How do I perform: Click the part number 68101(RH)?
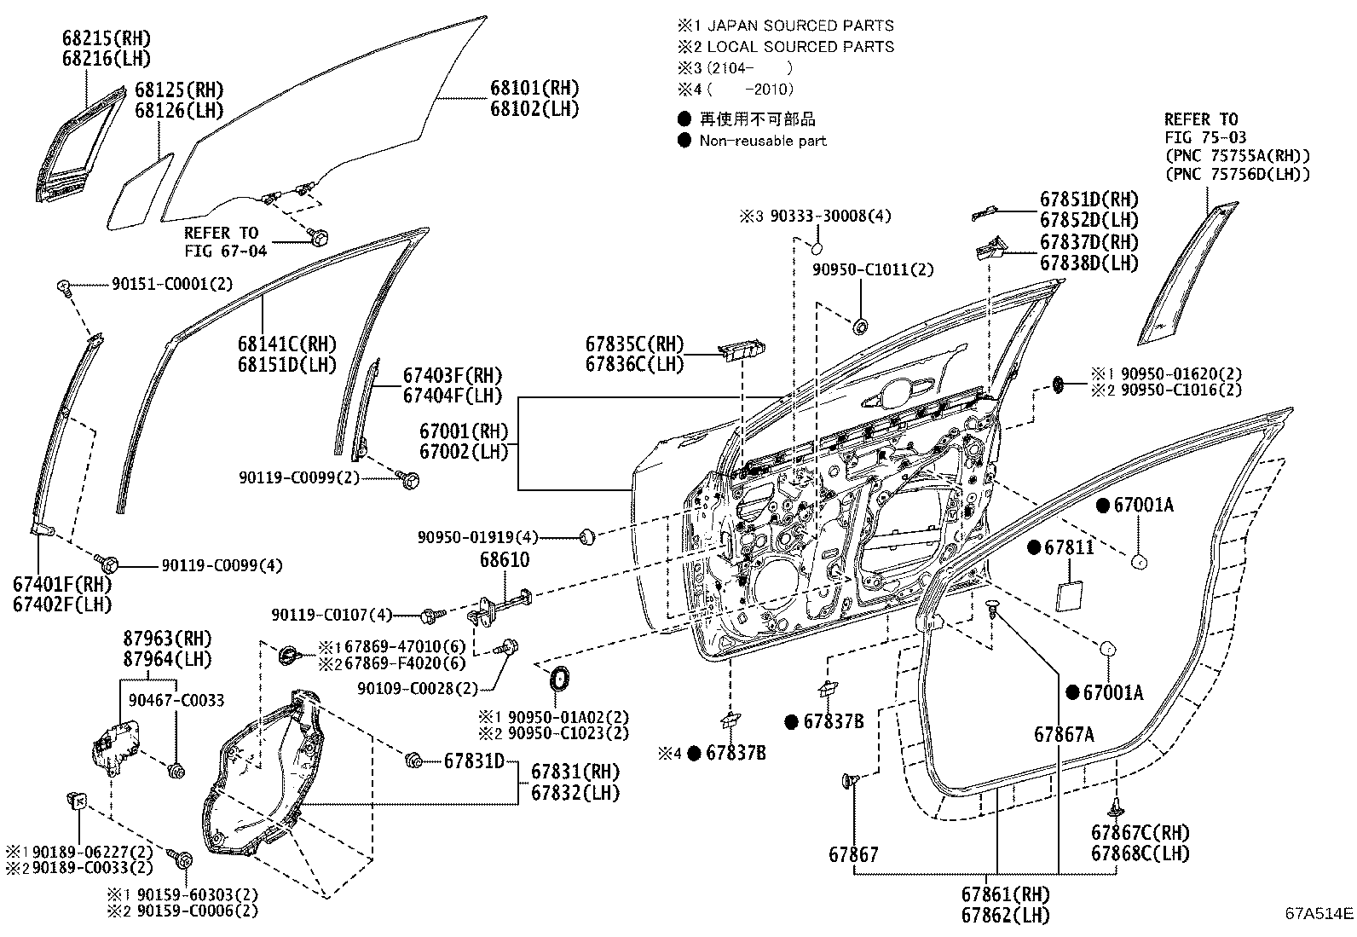coord(534,88)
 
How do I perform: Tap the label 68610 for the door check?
coord(504,561)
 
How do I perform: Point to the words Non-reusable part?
coord(763,141)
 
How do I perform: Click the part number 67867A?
coord(1064,734)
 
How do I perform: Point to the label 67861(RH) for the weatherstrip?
coord(1006,894)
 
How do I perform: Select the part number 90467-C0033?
coord(176,700)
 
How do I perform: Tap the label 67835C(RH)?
coord(634,344)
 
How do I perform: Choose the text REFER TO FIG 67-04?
coord(225,241)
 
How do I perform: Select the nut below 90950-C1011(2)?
coord(860,326)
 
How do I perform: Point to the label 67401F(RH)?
coord(62,585)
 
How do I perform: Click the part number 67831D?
coord(474,761)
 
